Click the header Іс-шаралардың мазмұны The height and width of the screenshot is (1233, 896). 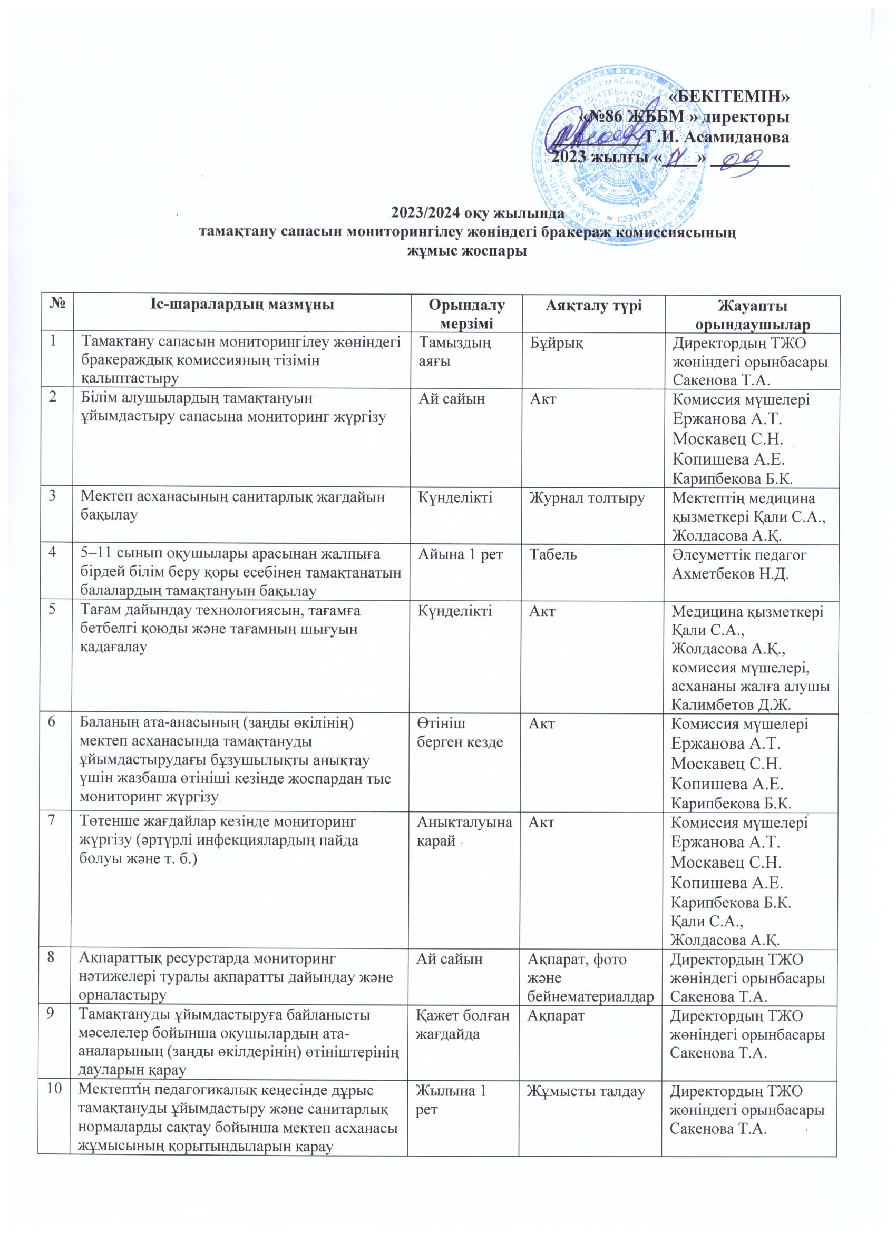coord(242,305)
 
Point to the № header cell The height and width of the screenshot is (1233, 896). coord(55,305)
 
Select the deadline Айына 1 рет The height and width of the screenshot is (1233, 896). coord(461,554)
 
